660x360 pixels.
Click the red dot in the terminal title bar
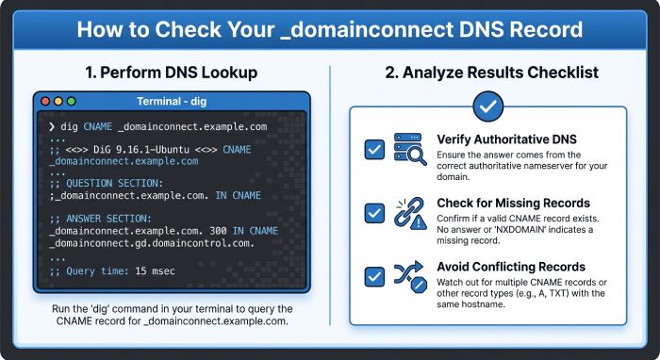(45, 102)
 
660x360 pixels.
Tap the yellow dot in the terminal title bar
(58, 102)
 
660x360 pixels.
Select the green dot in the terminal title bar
(72, 102)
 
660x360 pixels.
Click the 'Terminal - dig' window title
(172, 102)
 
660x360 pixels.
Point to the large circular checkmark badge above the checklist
(487, 106)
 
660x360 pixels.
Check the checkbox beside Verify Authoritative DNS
(374, 149)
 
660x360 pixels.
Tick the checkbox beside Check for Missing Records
(374, 213)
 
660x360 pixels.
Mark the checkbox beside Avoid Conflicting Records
(374, 276)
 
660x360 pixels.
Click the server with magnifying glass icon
(409, 149)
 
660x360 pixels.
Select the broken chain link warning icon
(409, 213)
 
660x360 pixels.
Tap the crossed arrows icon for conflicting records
(410, 277)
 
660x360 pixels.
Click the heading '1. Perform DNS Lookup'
(172, 73)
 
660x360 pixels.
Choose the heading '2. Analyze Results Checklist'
(491, 73)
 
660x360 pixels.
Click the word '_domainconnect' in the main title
(366, 30)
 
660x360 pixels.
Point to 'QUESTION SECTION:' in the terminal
(114, 184)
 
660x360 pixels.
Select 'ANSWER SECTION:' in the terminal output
(108, 219)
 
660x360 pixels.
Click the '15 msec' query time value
(155, 270)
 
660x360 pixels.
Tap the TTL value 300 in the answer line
(218, 231)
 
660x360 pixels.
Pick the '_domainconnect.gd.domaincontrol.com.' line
(152, 243)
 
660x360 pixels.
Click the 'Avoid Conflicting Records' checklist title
(511, 267)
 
